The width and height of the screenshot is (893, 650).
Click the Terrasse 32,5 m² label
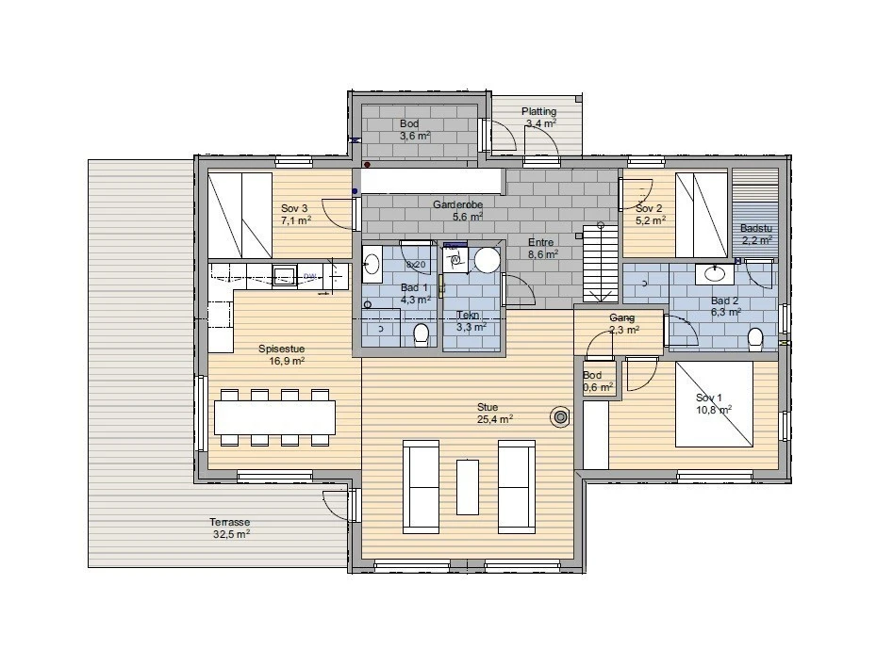(231, 528)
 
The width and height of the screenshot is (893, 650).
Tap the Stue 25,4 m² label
(494, 413)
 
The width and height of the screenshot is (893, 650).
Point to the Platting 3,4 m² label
(539, 117)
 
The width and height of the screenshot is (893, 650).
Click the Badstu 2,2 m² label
(756, 234)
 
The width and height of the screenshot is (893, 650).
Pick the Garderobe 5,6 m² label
(458, 210)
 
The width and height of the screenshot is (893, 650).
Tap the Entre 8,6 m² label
(542, 248)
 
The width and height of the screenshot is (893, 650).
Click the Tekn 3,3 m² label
(470, 321)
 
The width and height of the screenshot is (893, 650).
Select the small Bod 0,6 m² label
(598, 381)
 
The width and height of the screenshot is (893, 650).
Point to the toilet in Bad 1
(422, 333)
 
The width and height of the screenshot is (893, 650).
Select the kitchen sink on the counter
(284, 275)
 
